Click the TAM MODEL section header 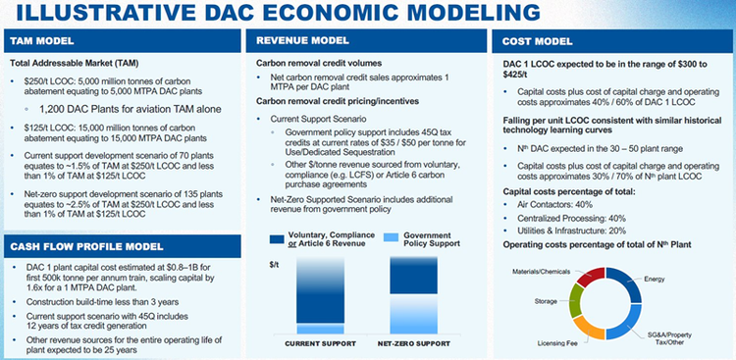[45, 42]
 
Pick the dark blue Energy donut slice [637, 283]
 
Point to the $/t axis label [259, 265]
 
